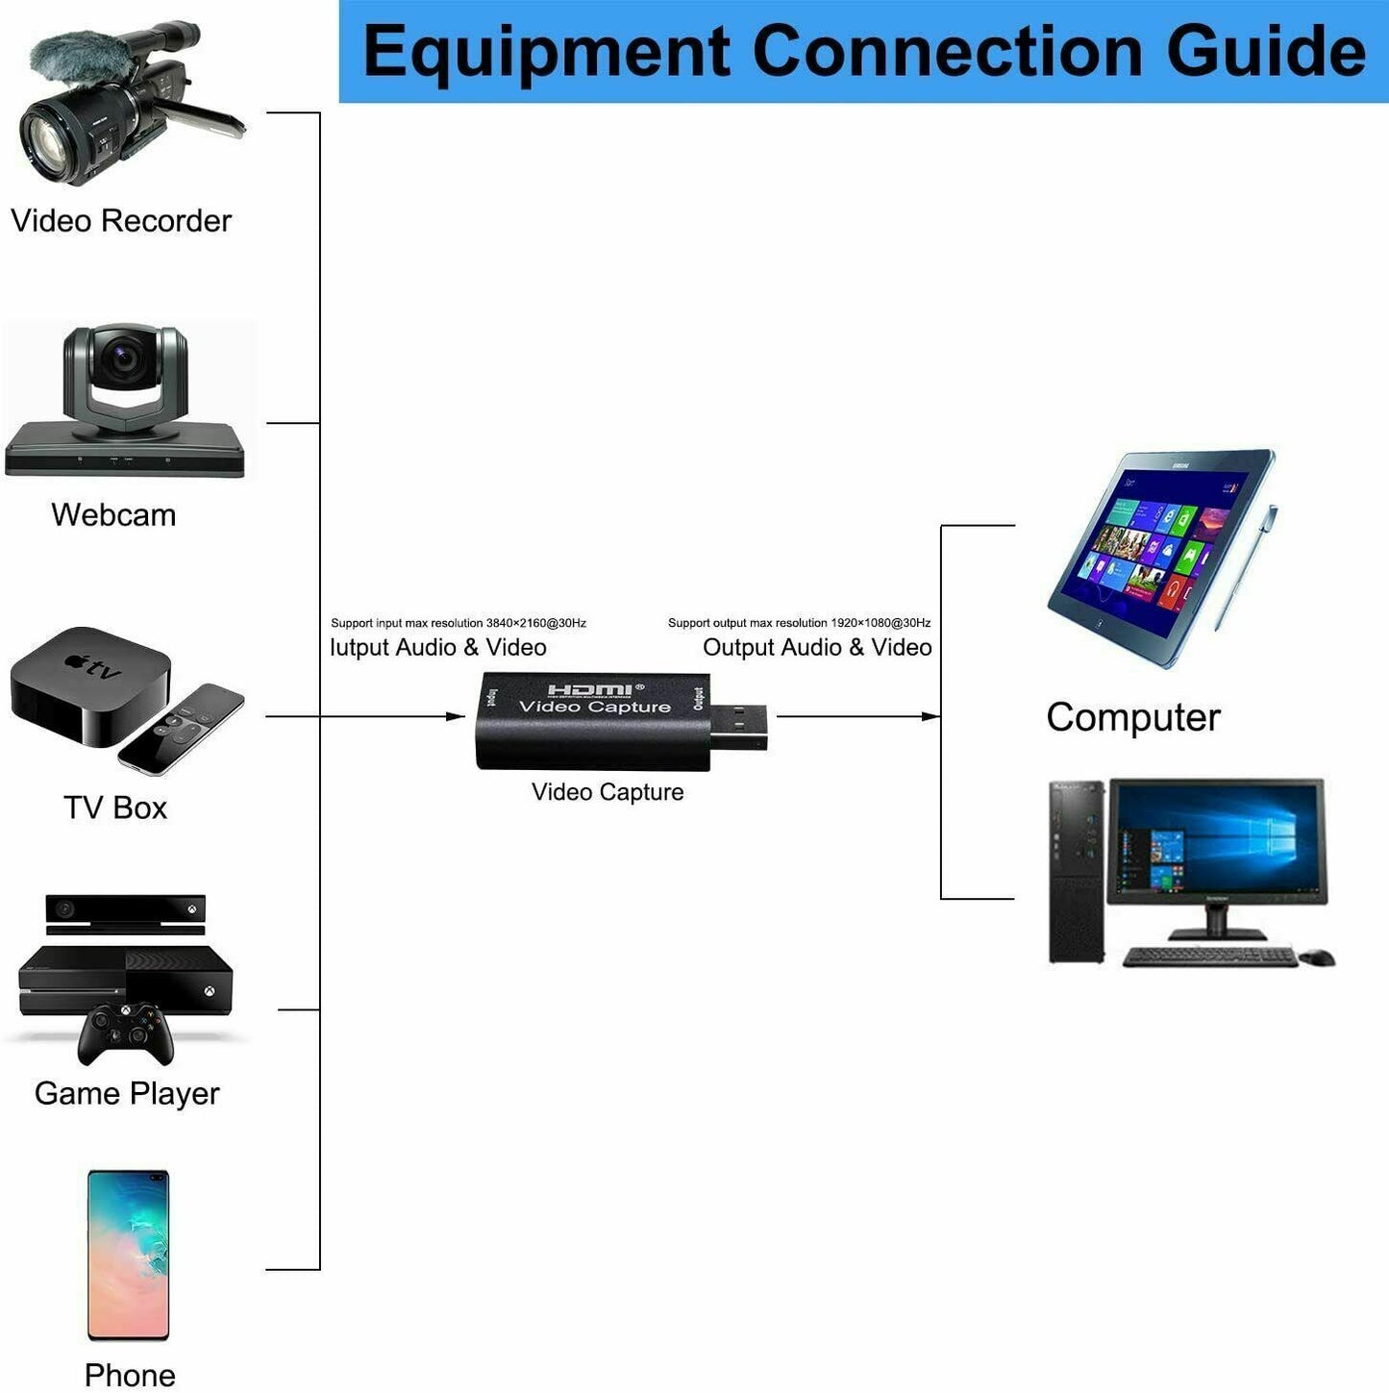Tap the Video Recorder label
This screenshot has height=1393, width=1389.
tap(121, 221)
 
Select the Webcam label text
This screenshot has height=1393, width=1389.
tap(113, 515)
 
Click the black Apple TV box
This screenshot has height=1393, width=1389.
tap(87, 684)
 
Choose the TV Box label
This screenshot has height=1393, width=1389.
tap(115, 808)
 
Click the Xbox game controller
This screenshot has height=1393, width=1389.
tap(125, 1033)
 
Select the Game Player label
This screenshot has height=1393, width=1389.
tap(127, 1093)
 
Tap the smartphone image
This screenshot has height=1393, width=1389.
tap(128, 1254)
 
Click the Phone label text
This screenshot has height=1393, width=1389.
tap(130, 1375)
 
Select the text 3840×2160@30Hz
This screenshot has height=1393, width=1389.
tap(536, 623)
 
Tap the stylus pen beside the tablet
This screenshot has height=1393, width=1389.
tap(1246, 567)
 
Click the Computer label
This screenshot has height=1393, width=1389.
tap(1132, 717)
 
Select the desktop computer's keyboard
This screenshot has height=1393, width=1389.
tap(1209, 957)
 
